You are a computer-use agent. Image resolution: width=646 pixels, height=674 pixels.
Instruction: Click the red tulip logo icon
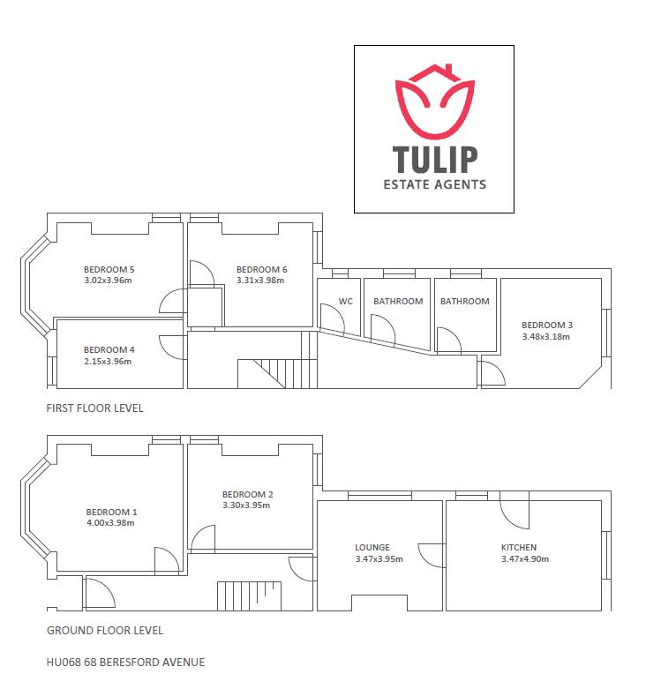pyautogui.click(x=434, y=101)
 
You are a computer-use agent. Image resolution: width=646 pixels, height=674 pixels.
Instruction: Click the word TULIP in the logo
pyautogui.click(x=434, y=159)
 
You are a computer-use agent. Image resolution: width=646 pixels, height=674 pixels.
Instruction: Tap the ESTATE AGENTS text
pyautogui.click(x=434, y=185)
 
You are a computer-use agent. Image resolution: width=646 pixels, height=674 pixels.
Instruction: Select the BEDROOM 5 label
pyautogui.click(x=109, y=270)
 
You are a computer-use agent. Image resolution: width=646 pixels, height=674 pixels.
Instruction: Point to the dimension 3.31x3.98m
pyautogui.click(x=260, y=281)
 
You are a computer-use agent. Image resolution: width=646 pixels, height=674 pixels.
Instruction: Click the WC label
pyautogui.click(x=345, y=302)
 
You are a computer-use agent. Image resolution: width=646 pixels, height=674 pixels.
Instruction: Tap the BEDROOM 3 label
pyautogui.click(x=547, y=326)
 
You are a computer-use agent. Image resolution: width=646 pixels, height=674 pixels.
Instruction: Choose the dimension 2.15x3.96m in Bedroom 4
pyautogui.click(x=108, y=362)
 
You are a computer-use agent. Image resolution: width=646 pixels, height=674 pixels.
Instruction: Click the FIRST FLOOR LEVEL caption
pyautogui.click(x=94, y=408)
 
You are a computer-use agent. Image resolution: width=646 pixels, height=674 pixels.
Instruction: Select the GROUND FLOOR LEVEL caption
pyautogui.click(x=105, y=631)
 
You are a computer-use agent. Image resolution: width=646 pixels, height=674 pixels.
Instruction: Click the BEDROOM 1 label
pyautogui.click(x=111, y=512)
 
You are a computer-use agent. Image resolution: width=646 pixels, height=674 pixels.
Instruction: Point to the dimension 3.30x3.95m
pyautogui.click(x=246, y=505)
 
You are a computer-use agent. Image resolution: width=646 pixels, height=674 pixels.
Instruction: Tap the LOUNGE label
pyautogui.click(x=372, y=548)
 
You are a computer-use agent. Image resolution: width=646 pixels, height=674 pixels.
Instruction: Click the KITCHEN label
pyautogui.click(x=519, y=548)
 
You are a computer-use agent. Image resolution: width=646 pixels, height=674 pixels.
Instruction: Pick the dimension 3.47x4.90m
pyautogui.click(x=525, y=558)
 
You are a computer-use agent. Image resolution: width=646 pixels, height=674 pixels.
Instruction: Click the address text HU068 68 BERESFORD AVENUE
pyautogui.click(x=125, y=662)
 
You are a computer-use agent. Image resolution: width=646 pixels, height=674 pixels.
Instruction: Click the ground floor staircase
pyautogui.click(x=249, y=596)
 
